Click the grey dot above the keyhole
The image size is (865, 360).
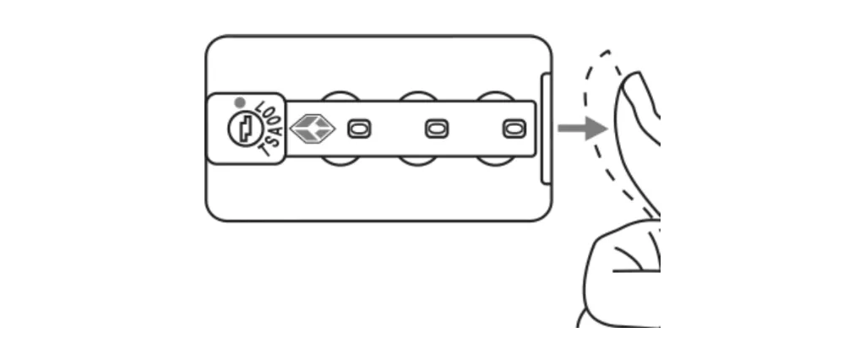tap(239, 102)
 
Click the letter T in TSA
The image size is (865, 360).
tap(265, 149)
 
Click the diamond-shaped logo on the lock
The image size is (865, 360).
tap(313, 128)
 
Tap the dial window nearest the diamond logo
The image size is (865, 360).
tap(359, 129)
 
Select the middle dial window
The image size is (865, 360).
tap(437, 129)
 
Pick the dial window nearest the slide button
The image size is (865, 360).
tap(514, 129)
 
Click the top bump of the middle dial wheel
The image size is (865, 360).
tap(418, 96)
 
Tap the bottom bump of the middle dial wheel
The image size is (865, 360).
tap(418, 161)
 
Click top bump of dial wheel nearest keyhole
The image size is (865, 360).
tap(341, 96)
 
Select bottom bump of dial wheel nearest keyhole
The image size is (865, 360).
tap(341, 161)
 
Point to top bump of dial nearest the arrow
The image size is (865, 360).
tap(495, 96)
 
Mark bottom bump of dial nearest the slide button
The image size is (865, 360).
tap(495, 161)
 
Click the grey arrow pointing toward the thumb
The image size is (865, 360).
tap(583, 128)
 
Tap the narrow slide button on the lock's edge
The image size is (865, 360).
tap(546, 128)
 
